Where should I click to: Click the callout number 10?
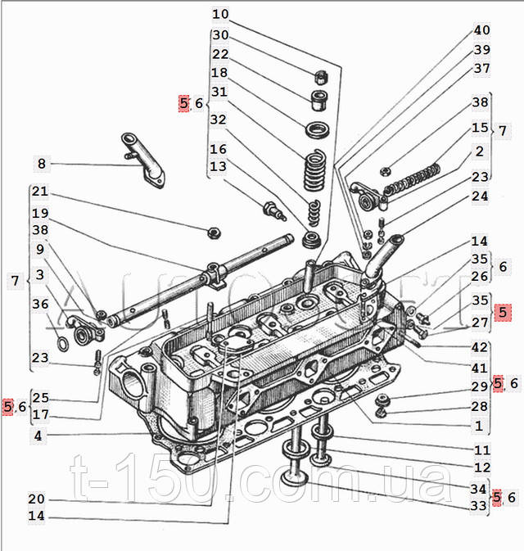coord(220,14)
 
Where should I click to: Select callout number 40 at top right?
coord(481,30)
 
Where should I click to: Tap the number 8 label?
coord(42,164)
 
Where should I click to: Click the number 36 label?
coord(40,304)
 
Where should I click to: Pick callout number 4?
coord(38,436)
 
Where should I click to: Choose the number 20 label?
coord(36,499)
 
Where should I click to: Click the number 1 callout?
coord(478,426)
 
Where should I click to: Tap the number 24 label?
coord(480,196)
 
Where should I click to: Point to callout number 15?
coord(480,129)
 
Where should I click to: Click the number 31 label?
coord(219,92)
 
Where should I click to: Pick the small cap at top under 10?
coord(321,79)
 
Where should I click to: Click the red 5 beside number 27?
coord(503,311)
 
